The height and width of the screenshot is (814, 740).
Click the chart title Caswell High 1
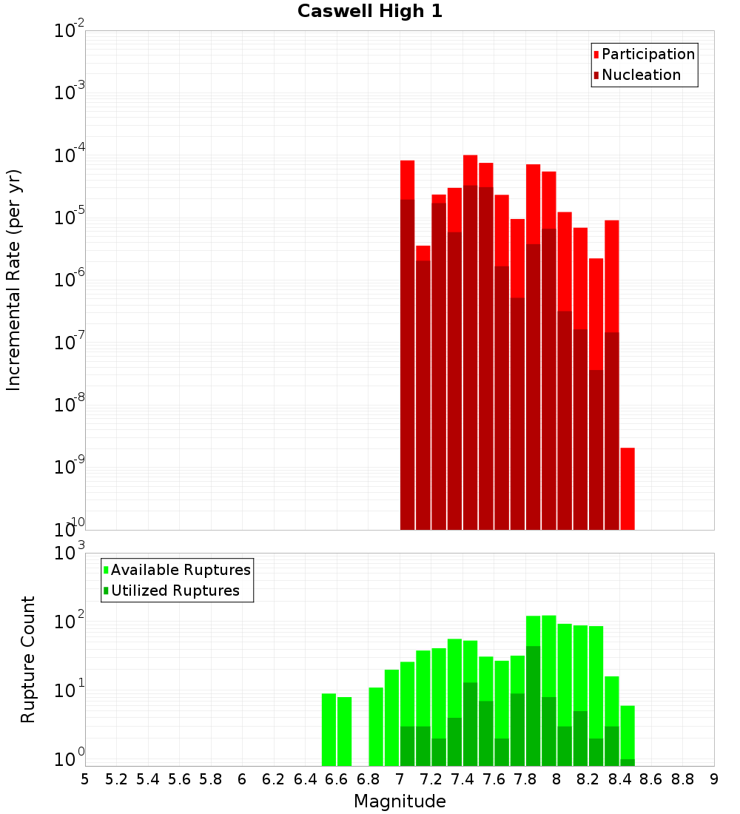point(370,12)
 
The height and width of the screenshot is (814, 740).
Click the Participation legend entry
point(648,55)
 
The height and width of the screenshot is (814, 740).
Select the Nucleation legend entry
point(641,75)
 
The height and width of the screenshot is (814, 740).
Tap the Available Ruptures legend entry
point(181,571)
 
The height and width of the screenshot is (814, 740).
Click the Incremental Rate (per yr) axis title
point(13,280)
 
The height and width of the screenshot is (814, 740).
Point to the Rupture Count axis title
point(27,659)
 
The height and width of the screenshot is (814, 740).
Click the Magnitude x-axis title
point(400,801)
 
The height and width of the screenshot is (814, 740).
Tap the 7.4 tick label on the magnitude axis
point(462,779)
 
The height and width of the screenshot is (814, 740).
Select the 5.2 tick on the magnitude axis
point(116,779)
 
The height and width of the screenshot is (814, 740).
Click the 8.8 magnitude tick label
point(682,779)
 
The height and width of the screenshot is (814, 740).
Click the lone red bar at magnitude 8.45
point(628,488)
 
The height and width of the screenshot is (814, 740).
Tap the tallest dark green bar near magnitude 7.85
point(533,703)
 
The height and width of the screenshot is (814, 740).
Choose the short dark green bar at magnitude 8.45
point(628,762)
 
